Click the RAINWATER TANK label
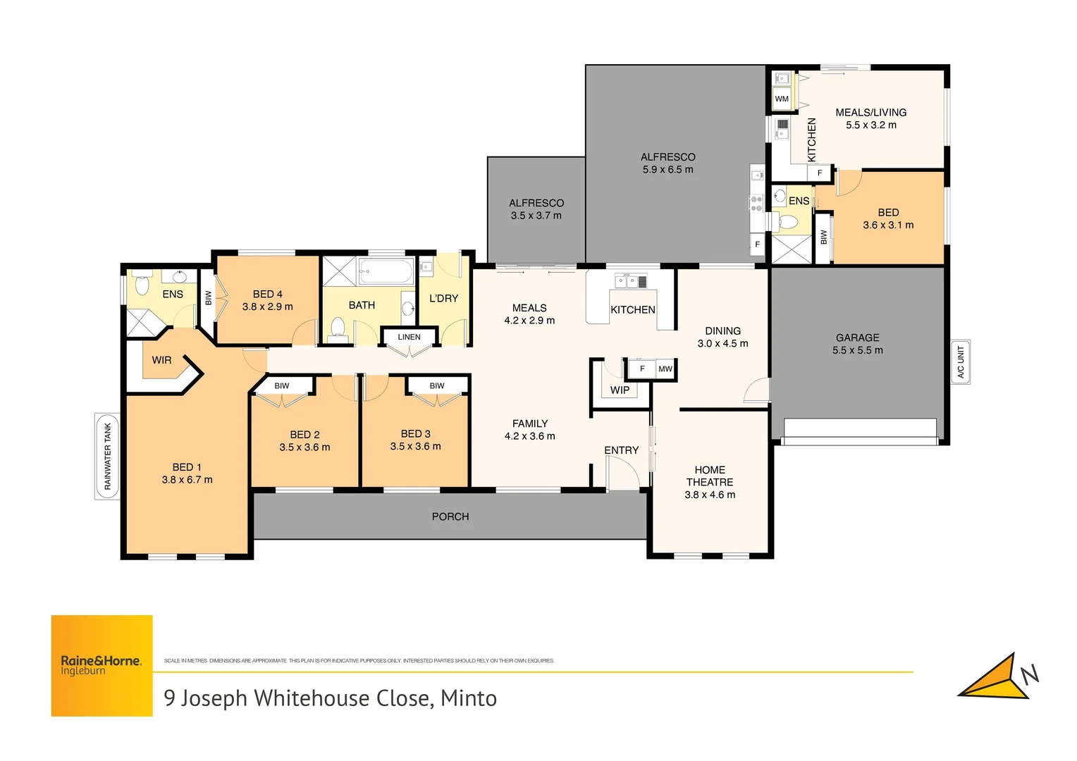[x=108, y=457]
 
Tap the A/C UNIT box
[x=960, y=362]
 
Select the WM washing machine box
[x=782, y=99]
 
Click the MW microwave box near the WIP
[x=665, y=369]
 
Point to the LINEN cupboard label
[x=409, y=337]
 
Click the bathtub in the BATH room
[x=386, y=271]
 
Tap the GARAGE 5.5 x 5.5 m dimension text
[x=857, y=350]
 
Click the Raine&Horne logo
[x=101, y=665]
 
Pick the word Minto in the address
[x=469, y=698]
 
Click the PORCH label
[x=450, y=516]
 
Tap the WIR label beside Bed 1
[x=161, y=360]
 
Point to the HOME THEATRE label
[x=710, y=476]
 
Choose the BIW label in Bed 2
[x=282, y=385]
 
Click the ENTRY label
[x=621, y=450]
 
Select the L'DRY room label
[x=443, y=298]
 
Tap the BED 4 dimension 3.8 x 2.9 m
[x=267, y=307]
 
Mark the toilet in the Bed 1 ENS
[x=142, y=285]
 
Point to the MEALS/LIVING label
[x=870, y=112]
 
